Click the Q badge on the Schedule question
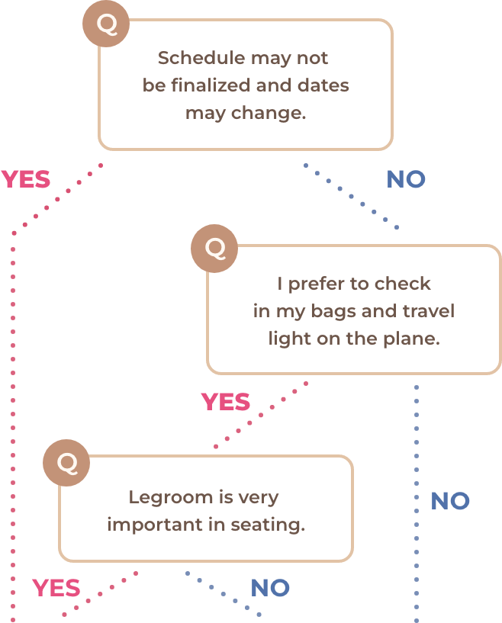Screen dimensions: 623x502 coord(106,24)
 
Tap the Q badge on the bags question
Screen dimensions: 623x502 coord(214,248)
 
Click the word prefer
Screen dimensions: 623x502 coord(314,284)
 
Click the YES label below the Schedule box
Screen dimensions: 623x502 coord(26,180)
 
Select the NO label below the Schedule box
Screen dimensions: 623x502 coord(405,179)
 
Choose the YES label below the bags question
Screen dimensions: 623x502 coord(225,402)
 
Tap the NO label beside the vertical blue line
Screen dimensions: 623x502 coord(450,501)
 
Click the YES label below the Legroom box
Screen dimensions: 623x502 coord(56,588)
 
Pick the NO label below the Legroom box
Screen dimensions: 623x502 coord(270,588)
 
